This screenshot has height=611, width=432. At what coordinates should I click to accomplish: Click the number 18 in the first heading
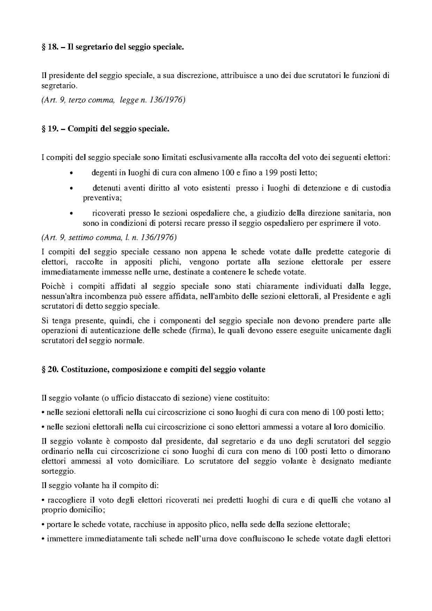[x=53, y=47]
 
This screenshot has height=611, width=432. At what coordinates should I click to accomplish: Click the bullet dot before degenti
[x=71, y=173]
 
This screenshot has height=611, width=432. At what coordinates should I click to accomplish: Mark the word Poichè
[x=51, y=287]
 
